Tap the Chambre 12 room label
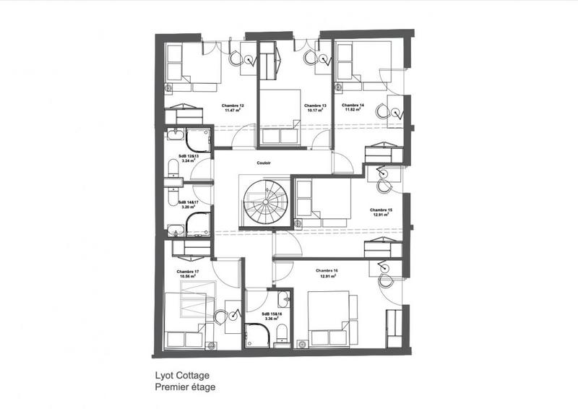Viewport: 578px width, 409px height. tap(233, 106)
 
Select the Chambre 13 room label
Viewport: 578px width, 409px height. tap(316, 106)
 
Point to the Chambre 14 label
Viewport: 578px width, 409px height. tap(353, 106)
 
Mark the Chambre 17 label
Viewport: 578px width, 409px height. tap(187, 272)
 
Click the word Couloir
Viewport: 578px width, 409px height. tap(264, 163)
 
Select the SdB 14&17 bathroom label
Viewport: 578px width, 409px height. tap(187, 202)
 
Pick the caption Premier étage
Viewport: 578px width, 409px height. tap(185, 387)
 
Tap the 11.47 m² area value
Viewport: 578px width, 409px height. tap(233, 111)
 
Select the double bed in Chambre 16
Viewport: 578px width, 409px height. tap(329, 311)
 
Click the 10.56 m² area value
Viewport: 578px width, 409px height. tap(187, 277)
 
